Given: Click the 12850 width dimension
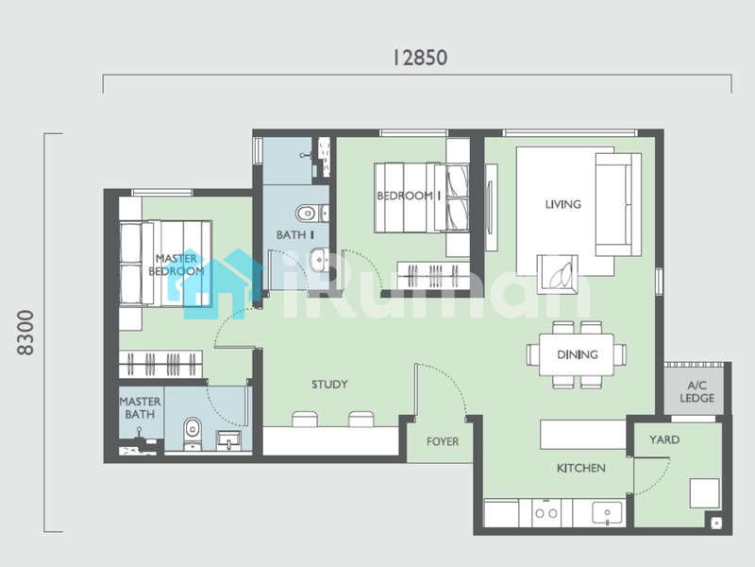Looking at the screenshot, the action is pos(420,58).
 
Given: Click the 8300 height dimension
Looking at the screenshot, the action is pos(25,333).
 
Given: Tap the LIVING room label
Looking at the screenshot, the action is pos(562,204).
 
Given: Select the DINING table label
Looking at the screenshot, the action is pos(578,355).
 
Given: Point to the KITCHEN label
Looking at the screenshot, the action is pos(580,468).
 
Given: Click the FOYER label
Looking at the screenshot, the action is pos(443,441).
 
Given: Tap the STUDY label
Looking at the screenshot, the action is pos(329,385).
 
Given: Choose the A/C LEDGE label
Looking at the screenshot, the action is pos(696,391).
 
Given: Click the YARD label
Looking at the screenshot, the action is pos(664,439).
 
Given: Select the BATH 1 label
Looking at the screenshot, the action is pos(295,234).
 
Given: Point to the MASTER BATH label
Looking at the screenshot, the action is pos(140,408).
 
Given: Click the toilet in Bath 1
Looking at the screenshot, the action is pos(311,213).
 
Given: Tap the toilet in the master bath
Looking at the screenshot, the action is pos(193,434).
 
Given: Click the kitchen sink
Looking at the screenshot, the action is pos(607,513).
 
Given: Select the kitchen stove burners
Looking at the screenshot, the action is pos(546,512).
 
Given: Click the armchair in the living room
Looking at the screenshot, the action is pos(558,273).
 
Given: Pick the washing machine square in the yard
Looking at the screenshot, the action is pos(704,493).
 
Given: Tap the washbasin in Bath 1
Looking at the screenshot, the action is pos(319,261).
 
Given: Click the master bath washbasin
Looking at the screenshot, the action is pos(228,440).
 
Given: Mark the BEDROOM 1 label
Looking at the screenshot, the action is pos(409,196).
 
